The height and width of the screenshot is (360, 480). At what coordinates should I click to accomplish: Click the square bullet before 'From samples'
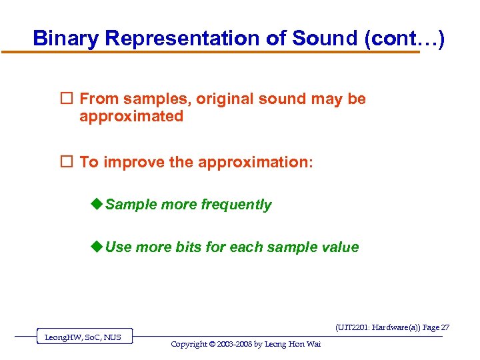[67, 99]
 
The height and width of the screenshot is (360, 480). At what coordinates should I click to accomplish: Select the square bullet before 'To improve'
[67, 162]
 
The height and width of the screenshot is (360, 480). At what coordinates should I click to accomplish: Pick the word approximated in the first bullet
[131, 116]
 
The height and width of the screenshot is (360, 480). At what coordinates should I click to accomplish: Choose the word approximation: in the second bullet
[255, 162]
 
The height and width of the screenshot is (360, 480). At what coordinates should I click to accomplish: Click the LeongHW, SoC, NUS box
[83, 337]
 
